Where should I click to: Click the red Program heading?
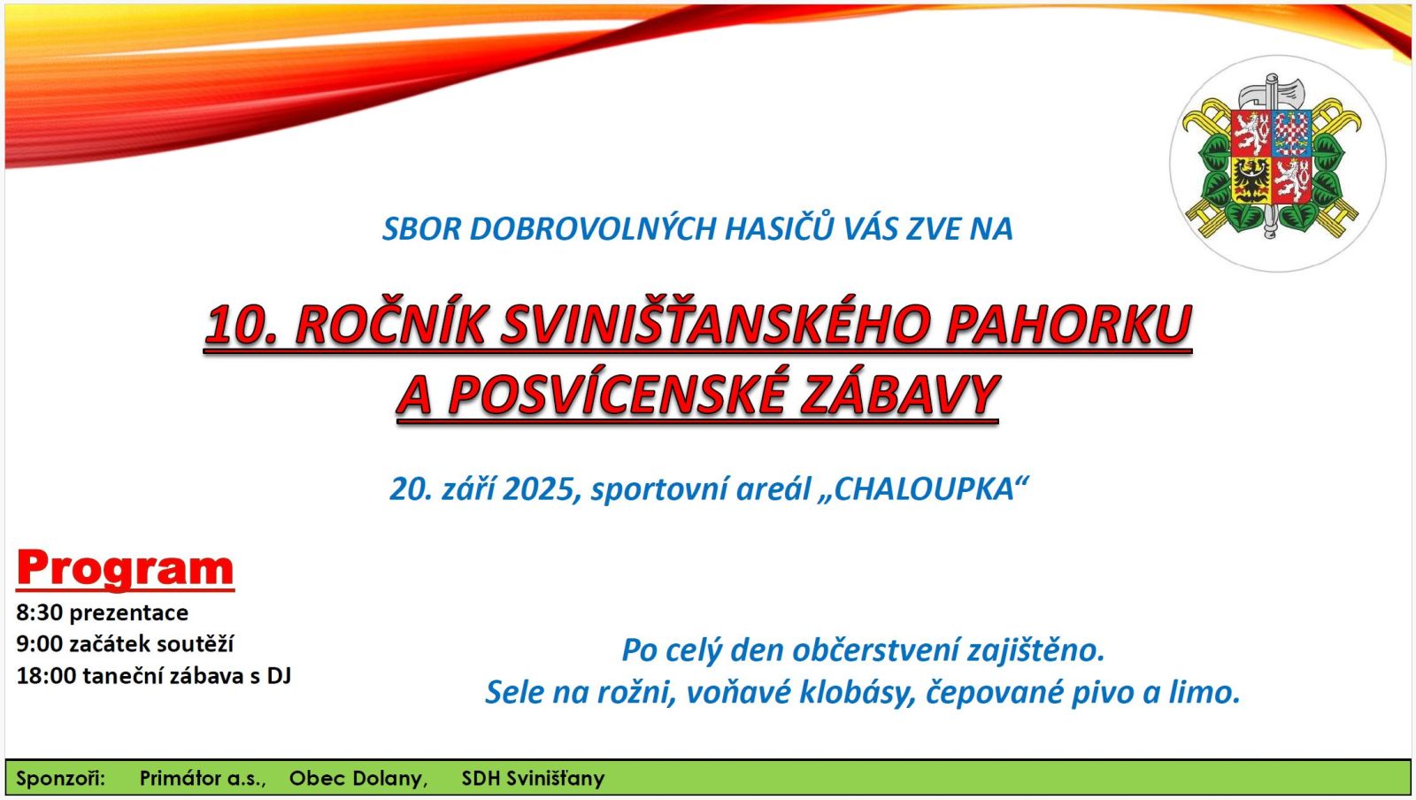125,569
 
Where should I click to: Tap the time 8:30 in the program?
39,612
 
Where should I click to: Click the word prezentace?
129,613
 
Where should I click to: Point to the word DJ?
279,675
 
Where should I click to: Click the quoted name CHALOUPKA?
924,488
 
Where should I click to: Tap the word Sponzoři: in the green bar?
61,778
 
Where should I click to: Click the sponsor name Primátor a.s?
203,778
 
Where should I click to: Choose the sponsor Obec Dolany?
358,778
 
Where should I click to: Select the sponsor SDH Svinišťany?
533,778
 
